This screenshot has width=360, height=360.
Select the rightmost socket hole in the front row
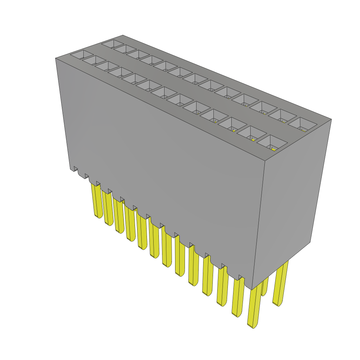pos(272,143)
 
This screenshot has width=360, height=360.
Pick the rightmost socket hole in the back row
pos(302,124)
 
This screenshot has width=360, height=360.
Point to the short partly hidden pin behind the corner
pos(265,287)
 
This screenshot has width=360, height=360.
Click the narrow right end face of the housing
pos(292,204)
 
